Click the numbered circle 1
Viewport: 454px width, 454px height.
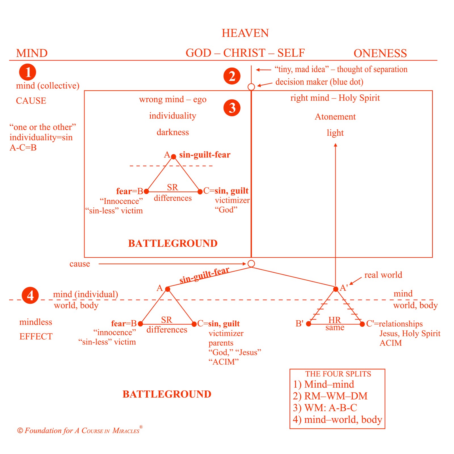click(28, 72)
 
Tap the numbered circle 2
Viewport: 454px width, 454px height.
click(232, 76)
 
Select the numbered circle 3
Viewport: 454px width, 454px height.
click(232, 108)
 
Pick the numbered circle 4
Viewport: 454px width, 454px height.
click(30, 295)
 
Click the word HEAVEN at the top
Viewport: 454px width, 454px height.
click(245, 33)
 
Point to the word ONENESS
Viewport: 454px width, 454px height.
click(380, 53)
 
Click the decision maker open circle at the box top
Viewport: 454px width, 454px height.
click(251, 87)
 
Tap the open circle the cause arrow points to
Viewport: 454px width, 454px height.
click(251, 264)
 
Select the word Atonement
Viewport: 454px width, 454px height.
click(335, 117)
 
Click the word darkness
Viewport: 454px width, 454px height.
click(173, 132)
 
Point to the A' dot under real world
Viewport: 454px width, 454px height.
click(336, 289)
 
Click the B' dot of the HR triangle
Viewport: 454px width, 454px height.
click(309, 324)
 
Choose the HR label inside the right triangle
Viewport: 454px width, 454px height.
click(335, 320)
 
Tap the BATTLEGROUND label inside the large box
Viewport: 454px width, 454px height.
click(173, 243)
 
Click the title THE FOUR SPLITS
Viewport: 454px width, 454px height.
click(338, 374)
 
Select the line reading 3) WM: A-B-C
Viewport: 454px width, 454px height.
click(325, 408)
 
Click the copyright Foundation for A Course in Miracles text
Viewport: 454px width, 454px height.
click(79, 431)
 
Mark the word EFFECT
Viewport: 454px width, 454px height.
click(36, 337)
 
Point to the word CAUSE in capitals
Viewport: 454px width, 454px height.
click(31, 101)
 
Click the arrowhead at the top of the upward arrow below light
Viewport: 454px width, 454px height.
click(335, 145)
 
